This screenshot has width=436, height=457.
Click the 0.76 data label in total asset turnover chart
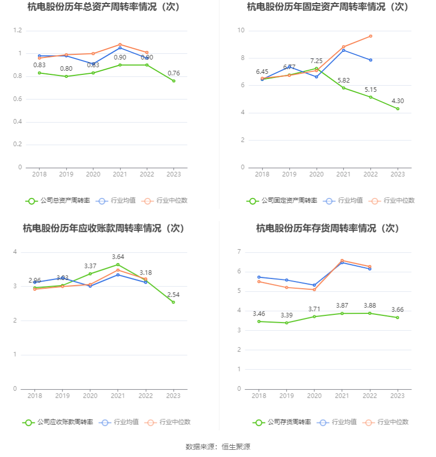(x=173, y=73)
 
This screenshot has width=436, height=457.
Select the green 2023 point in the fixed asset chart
(x=398, y=109)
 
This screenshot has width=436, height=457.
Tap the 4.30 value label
(x=398, y=101)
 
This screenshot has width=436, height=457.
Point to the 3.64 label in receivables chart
(x=118, y=257)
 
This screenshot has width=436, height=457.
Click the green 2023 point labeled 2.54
(x=173, y=302)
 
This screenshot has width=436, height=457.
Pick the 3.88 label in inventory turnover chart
(x=370, y=306)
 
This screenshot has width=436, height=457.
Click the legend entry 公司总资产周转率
(x=57, y=201)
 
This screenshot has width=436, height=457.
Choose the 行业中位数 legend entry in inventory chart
(x=386, y=422)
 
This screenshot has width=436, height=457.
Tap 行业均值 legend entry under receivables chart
(x=119, y=422)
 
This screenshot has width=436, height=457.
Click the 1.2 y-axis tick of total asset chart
(x=17, y=31)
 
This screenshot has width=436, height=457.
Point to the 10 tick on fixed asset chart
(x=241, y=31)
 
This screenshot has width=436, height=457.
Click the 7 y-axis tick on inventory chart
(x=239, y=252)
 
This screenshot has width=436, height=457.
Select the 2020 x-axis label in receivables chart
(x=90, y=396)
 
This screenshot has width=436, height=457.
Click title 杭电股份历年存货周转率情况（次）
(x=327, y=228)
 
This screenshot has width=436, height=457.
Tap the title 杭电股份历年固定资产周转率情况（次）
(x=327, y=7)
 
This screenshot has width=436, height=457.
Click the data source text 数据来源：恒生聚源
(x=217, y=447)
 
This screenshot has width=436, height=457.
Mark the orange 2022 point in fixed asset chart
(x=370, y=36)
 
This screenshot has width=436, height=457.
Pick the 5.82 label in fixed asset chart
(x=343, y=81)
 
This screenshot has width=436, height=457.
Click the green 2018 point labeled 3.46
(x=259, y=322)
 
